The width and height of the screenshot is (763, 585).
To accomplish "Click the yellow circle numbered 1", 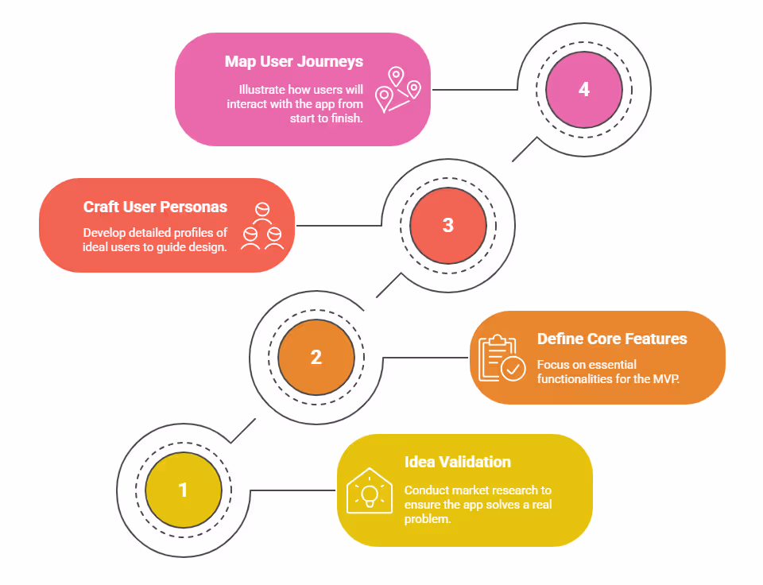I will click(x=183, y=490).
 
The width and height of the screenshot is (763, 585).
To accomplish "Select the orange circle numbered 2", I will click(x=316, y=358).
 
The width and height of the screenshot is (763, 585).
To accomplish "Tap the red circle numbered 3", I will click(x=447, y=225).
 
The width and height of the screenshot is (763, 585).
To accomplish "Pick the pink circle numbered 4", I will click(x=583, y=89).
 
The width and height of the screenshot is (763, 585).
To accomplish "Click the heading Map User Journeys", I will click(x=293, y=61).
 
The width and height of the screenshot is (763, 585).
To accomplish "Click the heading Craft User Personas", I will click(x=155, y=207).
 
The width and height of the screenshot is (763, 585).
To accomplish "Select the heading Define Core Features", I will click(x=612, y=339).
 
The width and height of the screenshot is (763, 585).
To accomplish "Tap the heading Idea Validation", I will click(x=457, y=462).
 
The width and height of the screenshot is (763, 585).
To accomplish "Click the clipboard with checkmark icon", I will click(x=502, y=358).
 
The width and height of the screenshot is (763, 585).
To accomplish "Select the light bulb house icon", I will click(x=369, y=490).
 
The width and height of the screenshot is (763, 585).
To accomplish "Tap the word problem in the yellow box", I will click(x=427, y=519).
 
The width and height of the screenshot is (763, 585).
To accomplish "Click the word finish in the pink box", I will click(x=346, y=118).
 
